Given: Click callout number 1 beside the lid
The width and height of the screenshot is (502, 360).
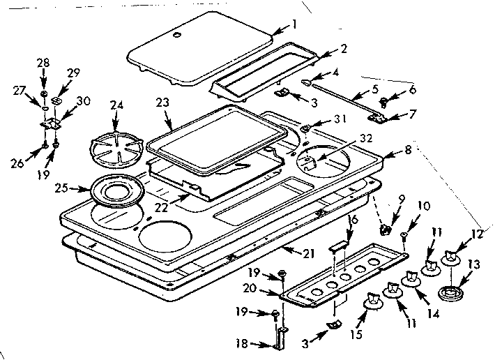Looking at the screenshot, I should click(x=294, y=24).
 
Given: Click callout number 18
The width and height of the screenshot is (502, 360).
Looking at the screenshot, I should click(x=241, y=343).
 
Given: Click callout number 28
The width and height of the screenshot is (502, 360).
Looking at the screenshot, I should click(x=43, y=64).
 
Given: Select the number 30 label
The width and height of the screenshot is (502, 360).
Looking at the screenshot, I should click(x=83, y=101).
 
